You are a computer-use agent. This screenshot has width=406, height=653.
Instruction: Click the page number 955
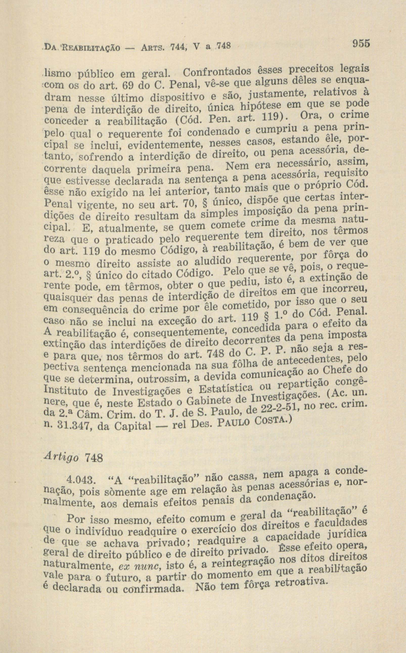click(x=359, y=43)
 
